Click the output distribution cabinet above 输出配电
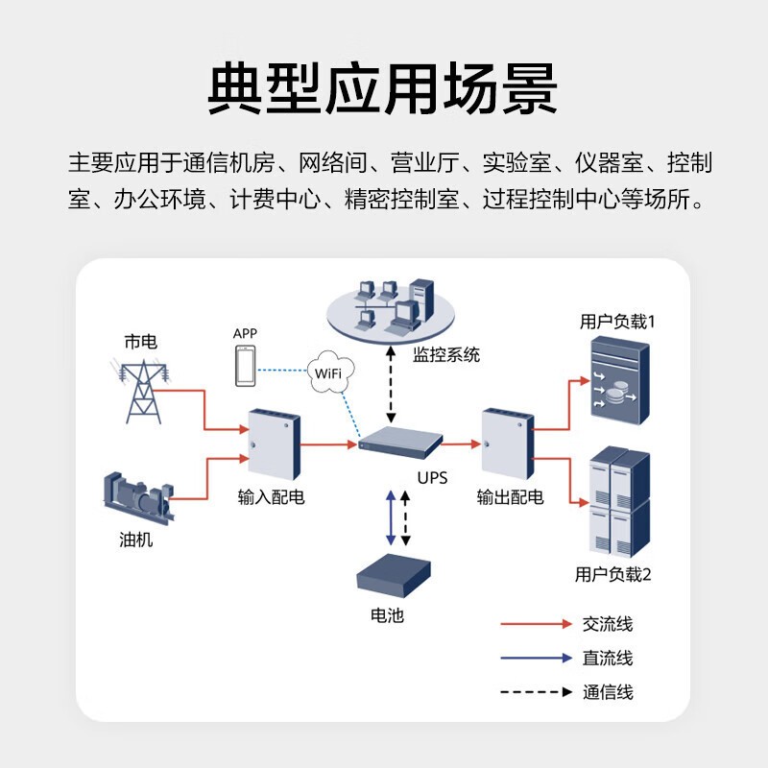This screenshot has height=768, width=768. coord(507,444)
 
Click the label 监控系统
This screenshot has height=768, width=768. coord(445,355)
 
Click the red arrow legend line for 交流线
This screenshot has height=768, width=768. coord(536,624)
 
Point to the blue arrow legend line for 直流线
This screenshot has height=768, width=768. coord(536,659)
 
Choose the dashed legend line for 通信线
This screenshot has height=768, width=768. coord(536,692)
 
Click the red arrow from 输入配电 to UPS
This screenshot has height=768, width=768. coord(330,444)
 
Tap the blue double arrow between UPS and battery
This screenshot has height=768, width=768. coord(390,518)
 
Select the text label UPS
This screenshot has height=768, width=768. coord(431,476)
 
